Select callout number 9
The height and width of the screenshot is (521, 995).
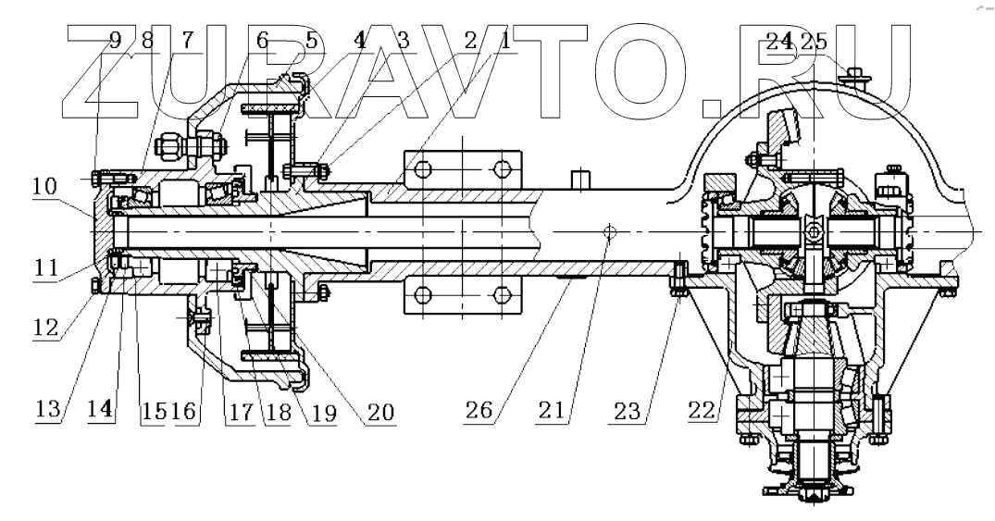pos(115,41)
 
